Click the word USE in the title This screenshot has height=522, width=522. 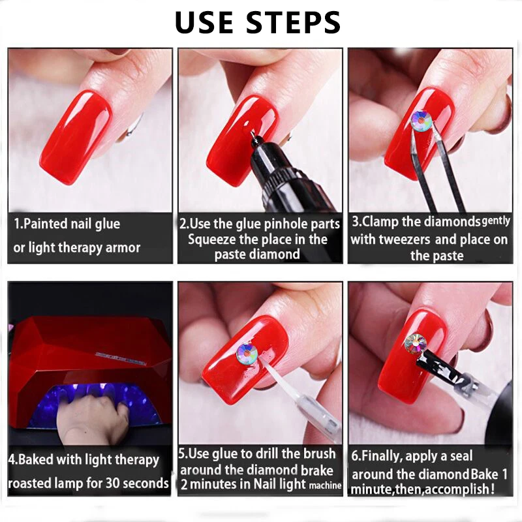pyautogui.click(x=204, y=22)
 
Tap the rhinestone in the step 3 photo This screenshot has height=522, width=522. pyautogui.click(x=421, y=120)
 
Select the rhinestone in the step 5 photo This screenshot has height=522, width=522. pyautogui.click(x=247, y=354)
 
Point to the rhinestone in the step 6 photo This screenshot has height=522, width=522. pyautogui.click(x=416, y=343)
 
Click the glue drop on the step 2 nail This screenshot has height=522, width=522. pyautogui.click(x=248, y=125)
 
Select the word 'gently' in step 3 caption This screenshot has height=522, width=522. pyautogui.click(x=496, y=221)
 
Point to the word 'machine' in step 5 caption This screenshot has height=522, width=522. pyautogui.click(x=325, y=485)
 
